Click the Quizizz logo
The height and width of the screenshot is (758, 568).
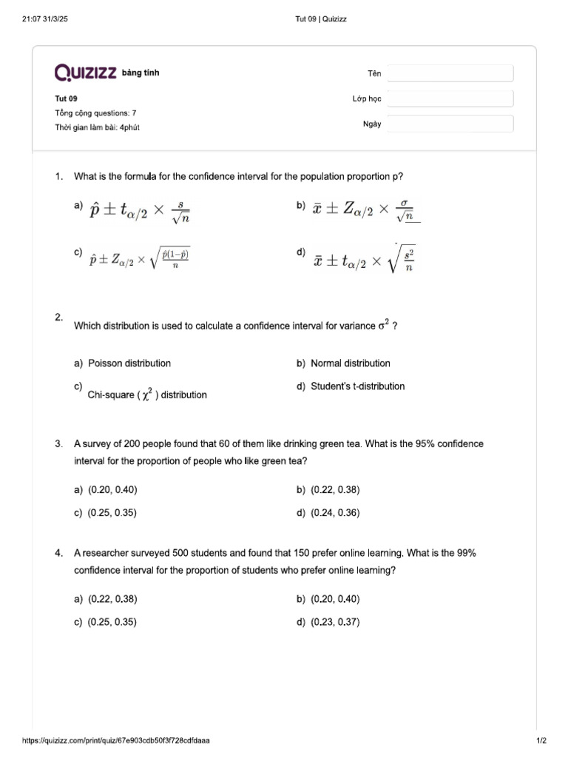coord(85,72)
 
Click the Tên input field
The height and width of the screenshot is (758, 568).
coord(450,73)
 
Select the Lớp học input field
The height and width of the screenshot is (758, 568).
coord(450,98)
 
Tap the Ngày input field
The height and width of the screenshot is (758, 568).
coord(450,124)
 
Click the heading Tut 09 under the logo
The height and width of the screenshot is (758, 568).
coord(66,98)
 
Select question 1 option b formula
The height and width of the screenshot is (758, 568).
coord(365,210)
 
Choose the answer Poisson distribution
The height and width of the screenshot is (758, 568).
coord(129,363)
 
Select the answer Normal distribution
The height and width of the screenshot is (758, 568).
coord(350,363)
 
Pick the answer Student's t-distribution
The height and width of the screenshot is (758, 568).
coord(357,386)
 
